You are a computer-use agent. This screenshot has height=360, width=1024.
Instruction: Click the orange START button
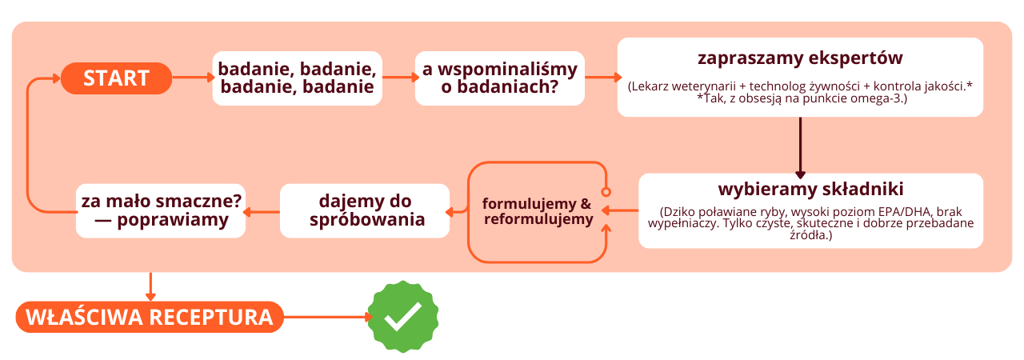[116, 78]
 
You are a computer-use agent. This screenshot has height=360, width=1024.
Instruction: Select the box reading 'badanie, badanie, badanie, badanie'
[297, 78]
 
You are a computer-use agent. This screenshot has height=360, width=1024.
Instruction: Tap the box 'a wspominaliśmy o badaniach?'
[499, 78]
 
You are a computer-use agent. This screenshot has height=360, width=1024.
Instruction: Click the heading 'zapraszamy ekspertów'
[800, 59]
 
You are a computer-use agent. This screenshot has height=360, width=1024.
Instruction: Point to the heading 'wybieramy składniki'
[810, 190]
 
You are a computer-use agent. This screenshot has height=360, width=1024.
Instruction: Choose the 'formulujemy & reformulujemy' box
[537, 211]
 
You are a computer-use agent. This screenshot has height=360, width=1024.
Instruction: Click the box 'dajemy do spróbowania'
[364, 210]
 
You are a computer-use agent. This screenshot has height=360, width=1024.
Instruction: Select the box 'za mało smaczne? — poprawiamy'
[161, 210]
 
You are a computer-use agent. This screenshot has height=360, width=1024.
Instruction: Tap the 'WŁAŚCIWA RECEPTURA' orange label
[149, 317]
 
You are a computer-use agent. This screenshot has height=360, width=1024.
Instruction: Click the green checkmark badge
[403, 317]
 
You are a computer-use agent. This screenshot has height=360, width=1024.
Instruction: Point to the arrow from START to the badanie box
[192, 78]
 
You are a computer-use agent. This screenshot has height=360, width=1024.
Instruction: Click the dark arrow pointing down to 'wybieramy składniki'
[800, 148]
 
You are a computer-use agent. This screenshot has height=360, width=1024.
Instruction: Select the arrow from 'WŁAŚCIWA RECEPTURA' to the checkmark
[328, 317]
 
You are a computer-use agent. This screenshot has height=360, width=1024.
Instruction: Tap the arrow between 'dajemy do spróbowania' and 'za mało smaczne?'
[262, 211]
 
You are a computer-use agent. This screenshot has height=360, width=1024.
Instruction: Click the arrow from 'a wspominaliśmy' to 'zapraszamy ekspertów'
[603, 78]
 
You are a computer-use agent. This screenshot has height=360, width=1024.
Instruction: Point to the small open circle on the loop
[606, 192]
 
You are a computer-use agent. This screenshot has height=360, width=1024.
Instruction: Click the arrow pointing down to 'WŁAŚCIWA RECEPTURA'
[150, 286]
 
